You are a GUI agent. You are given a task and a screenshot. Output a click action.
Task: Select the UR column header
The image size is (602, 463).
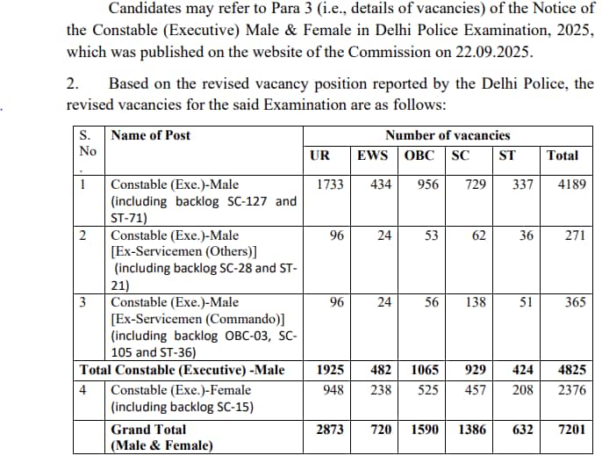pos(320,156)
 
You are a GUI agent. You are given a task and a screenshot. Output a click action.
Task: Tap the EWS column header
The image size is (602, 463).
pos(373,156)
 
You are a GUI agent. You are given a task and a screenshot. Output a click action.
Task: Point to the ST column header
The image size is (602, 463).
pos(506,156)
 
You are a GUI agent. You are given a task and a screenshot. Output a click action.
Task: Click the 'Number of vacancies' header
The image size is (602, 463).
pos(448,135)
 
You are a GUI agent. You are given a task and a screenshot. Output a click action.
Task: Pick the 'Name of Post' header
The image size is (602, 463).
pos(151,135)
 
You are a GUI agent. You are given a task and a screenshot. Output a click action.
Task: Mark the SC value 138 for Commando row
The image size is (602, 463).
pos(476,301)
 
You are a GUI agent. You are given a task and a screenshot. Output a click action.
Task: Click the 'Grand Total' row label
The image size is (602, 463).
pos(148,430)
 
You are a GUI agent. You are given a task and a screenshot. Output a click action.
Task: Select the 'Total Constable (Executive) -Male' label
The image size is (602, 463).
pos(182,370)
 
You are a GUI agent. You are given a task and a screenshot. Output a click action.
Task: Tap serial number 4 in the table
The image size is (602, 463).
pos(82,389)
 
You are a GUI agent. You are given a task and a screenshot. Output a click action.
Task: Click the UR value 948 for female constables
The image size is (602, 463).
pos(331,389)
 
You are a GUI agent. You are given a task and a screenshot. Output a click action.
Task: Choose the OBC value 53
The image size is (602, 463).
pos(429,235)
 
